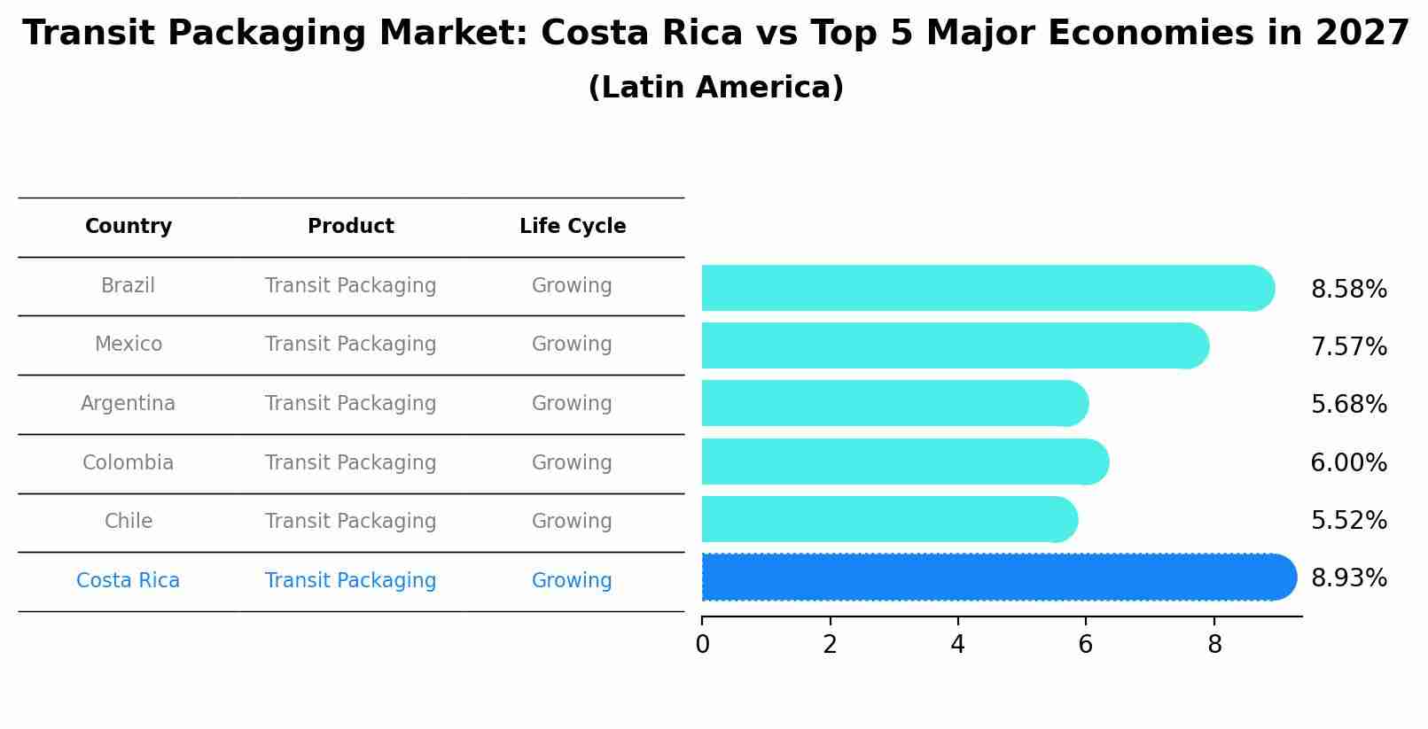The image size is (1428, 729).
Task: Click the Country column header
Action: [x=129, y=227]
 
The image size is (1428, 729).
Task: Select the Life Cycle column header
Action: [x=573, y=227]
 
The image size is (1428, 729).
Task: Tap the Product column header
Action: [x=350, y=227]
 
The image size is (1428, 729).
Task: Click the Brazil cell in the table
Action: [x=128, y=286]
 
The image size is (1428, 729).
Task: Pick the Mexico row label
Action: [x=129, y=345]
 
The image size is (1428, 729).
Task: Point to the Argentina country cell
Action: [x=128, y=404]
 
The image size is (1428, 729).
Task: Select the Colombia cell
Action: [x=128, y=463]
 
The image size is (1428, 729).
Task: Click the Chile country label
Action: [x=129, y=522]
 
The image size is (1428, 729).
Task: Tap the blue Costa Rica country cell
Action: [x=128, y=581]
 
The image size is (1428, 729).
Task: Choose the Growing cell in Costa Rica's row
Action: [x=572, y=581]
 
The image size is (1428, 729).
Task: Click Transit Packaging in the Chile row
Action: [x=350, y=522]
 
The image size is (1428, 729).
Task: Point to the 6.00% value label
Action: [x=1348, y=463]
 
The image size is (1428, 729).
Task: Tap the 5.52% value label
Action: [x=1348, y=521]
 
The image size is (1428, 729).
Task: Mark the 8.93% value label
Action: [x=1348, y=578]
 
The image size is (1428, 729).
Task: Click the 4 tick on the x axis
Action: [x=957, y=645]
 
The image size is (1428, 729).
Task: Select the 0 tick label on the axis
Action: [x=702, y=645]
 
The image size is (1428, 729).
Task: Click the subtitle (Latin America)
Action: [x=715, y=88]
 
